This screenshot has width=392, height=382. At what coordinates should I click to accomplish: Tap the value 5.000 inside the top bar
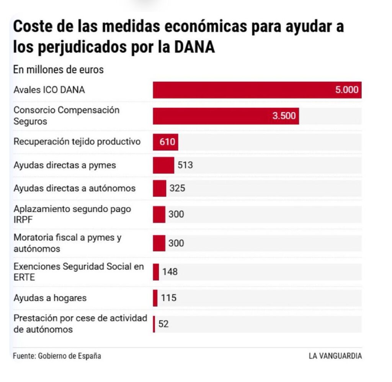(x=347, y=90)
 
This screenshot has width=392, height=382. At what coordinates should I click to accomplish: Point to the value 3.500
(x=284, y=116)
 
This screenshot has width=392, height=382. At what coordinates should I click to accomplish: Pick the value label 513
(x=185, y=165)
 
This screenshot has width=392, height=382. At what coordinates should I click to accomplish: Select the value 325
(x=177, y=188)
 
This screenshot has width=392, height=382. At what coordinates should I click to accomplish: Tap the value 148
(x=170, y=272)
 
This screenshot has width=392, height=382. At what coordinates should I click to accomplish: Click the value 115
(x=168, y=298)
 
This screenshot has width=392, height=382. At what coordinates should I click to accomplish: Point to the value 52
(x=163, y=324)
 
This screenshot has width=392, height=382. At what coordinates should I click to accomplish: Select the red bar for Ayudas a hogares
(x=155, y=298)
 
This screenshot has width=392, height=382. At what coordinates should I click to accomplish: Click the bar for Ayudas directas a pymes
(x=163, y=165)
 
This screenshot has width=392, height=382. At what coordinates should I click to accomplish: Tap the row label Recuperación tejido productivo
(x=77, y=142)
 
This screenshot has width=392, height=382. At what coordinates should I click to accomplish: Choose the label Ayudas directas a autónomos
(x=74, y=188)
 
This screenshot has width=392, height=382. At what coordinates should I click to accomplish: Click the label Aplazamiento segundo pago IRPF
(x=72, y=214)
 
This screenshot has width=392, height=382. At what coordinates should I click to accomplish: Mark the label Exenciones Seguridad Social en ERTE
(x=78, y=272)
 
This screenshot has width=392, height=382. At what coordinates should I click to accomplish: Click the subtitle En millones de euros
(x=59, y=70)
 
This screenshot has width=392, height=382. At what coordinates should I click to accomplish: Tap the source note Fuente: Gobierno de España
(x=57, y=356)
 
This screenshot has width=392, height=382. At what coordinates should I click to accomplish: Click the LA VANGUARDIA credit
(x=335, y=356)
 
